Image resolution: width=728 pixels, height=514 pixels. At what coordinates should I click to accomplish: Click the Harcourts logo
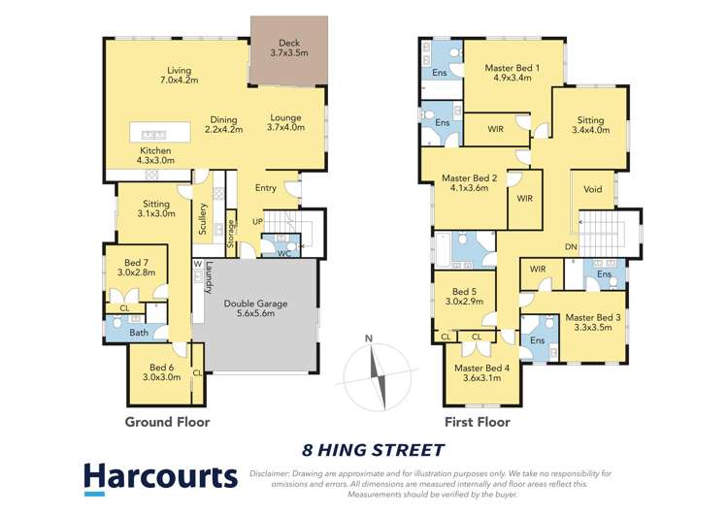(159, 476)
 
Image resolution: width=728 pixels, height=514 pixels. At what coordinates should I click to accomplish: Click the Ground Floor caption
(167, 422)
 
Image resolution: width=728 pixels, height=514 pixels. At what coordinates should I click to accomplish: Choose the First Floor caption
(476, 422)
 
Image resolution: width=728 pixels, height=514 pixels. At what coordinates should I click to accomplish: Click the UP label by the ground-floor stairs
(257, 222)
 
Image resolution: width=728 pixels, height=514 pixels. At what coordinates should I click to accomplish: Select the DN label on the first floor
(571, 247)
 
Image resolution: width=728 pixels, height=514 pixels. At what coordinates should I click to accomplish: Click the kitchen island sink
(151, 133)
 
